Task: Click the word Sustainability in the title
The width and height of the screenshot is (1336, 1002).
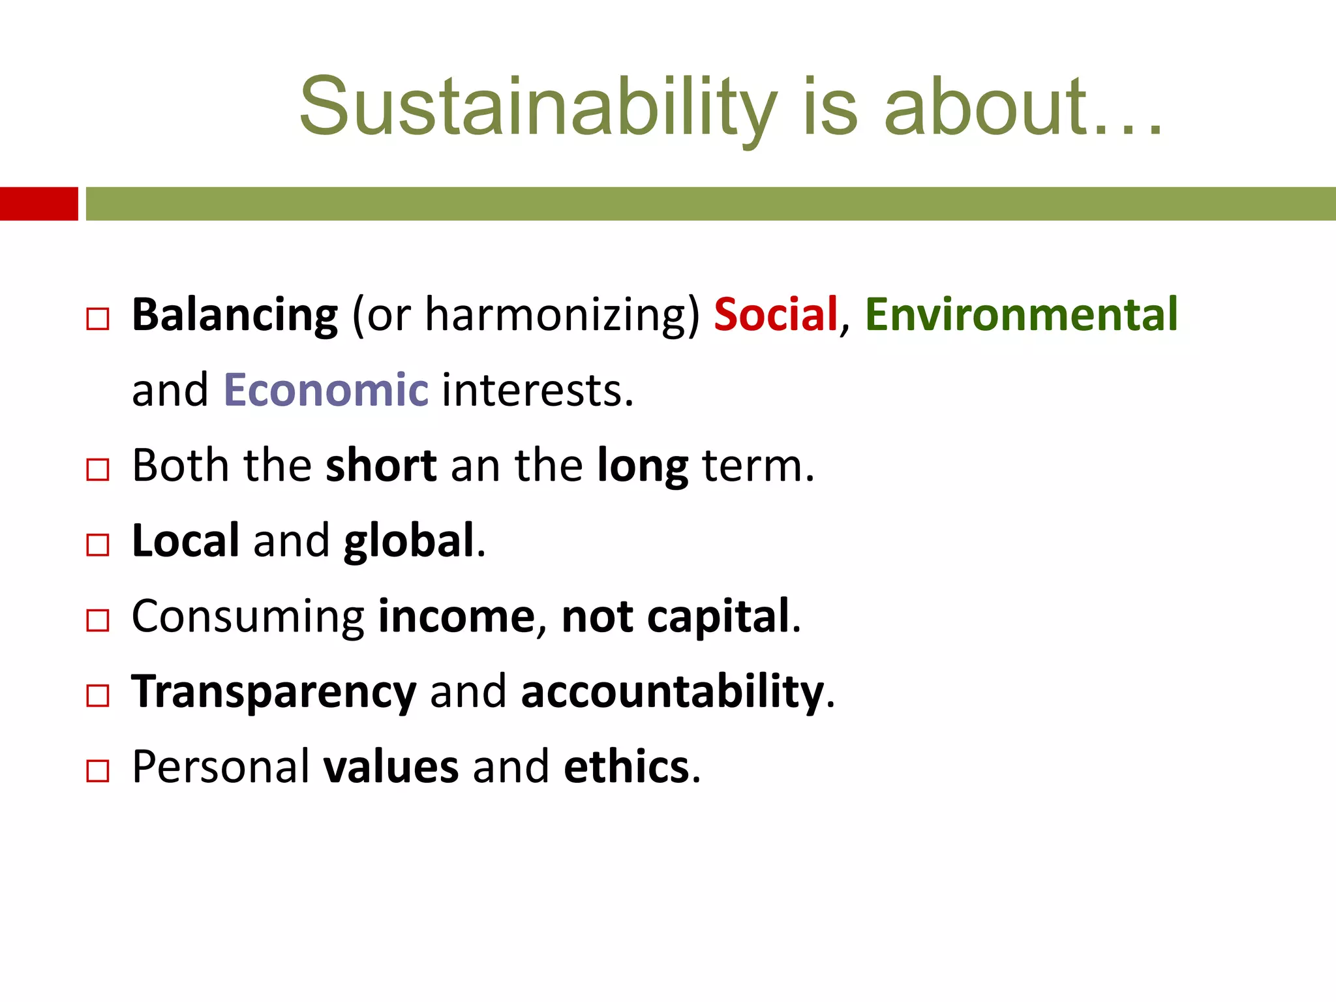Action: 538,108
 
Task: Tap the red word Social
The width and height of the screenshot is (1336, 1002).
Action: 776,315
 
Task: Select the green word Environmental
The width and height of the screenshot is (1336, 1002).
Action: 1021,315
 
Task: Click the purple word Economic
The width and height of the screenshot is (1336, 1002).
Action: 326,390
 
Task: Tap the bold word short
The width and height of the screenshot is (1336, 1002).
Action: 381,466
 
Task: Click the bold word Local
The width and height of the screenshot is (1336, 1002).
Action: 186,541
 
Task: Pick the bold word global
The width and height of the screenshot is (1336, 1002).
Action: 409,542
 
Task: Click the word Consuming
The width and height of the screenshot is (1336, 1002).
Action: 248,617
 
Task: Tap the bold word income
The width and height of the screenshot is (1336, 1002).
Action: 457,617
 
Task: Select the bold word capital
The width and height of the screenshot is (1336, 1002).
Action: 718,617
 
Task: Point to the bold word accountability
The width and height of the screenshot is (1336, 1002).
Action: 672,691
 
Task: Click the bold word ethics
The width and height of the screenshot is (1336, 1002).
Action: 626,767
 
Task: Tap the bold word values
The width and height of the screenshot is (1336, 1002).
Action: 391,767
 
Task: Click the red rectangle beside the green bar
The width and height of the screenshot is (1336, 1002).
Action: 38,204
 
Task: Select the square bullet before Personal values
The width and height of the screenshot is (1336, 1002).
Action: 98,771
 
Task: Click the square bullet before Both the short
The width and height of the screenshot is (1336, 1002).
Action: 98,470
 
